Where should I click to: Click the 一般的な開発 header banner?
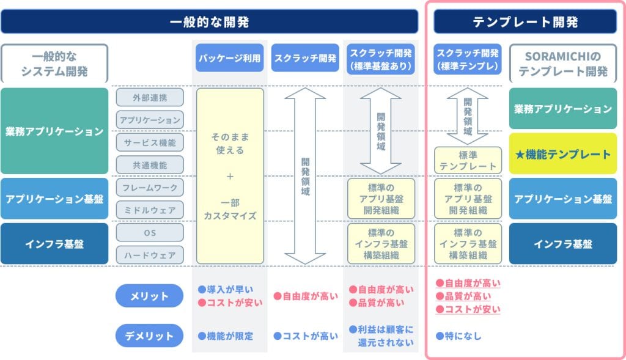(209, 21)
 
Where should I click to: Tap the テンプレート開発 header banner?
(525, 21)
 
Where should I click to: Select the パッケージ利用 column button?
(230, 58)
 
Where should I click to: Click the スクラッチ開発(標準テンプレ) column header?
(468, 59)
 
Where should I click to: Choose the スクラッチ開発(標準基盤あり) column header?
(381, 59)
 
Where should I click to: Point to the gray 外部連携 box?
(150, 97)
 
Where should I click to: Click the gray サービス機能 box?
(150, 142)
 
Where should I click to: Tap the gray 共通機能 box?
(150, 165)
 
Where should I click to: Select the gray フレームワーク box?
(150, 188)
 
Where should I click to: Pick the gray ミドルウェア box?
(150, 210)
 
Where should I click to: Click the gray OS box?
(150, 233)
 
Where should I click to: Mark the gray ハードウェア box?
(150, 255)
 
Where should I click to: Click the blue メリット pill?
(149, 296)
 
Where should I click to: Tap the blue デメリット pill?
(149, 336)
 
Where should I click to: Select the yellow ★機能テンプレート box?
(563, 153)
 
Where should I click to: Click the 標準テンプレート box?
(468, 161)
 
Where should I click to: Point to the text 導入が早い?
(230, 289)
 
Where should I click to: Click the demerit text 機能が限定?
(230, 336)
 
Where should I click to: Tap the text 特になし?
(463, 336)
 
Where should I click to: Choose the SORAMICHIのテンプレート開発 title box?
(563, 64)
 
